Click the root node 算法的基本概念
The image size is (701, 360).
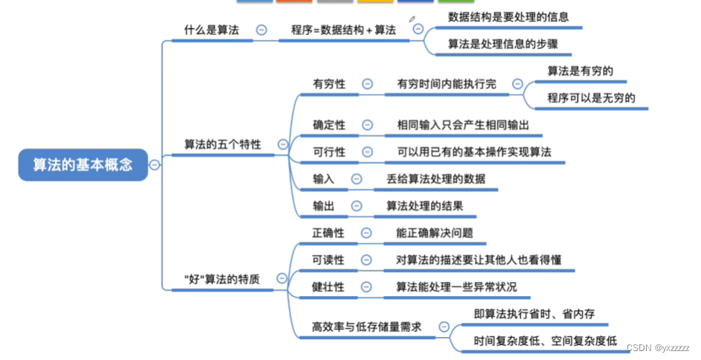83,164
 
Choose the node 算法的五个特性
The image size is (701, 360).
223,144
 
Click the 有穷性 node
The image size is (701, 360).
329,84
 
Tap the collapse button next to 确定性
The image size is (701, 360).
368,125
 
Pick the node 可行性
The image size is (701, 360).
329,152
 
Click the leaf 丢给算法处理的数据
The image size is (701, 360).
435,179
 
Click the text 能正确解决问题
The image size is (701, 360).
435,233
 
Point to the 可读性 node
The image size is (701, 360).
329,260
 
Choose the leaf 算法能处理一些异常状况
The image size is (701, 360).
456,286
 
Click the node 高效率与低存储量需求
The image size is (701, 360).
367,326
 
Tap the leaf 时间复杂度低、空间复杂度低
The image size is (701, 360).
545,341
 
